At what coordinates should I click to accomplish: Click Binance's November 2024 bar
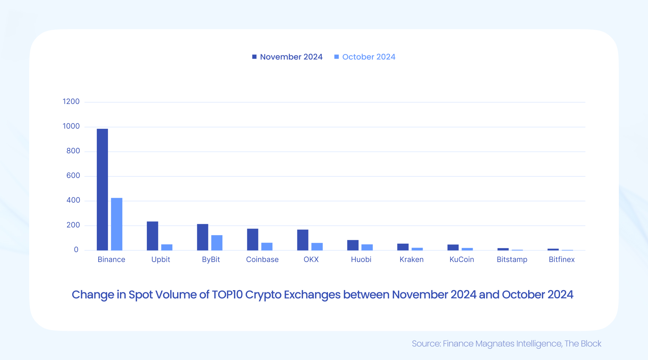click(x=102, y=189)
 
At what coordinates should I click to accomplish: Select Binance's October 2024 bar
click(x=117, y=224)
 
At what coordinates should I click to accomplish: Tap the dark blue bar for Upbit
click(x=152, y=236)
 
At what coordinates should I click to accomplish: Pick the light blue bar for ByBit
click(x=217, y=243)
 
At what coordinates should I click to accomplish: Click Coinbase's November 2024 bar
click(x=252, y=239)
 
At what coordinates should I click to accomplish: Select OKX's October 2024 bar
click(x=317, y=247)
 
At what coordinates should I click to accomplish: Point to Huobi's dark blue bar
click(x=352, y=245)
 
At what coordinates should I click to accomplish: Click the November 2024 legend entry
click(x=291, y=57)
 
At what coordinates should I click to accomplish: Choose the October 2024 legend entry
click(x=368, y=57)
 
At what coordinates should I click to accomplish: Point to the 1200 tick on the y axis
click(x=71, y=102)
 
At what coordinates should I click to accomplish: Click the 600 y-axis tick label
click(x=73, y=176)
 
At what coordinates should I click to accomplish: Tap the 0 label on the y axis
click(x=76, y=250)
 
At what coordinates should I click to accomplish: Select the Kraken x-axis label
click(x=411, y=260)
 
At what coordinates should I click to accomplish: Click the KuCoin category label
click(x=462, y=260)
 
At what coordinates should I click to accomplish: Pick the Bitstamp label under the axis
click(x=512, y=260)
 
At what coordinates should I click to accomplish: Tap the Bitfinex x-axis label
click(x=561, y=260)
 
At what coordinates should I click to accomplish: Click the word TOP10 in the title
click(x=227, y=295)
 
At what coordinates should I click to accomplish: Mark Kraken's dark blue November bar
click(x=403, y=247)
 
